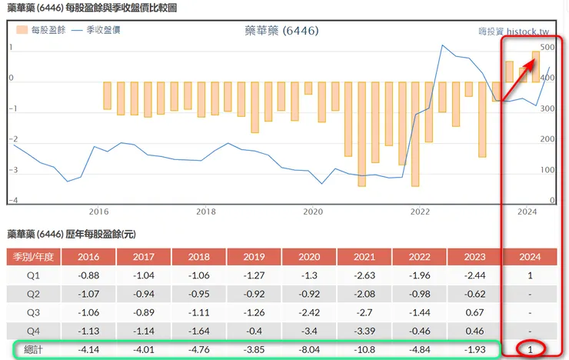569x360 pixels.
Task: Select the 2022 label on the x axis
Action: point(420,211)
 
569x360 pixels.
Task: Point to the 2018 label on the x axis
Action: point(205,211)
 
